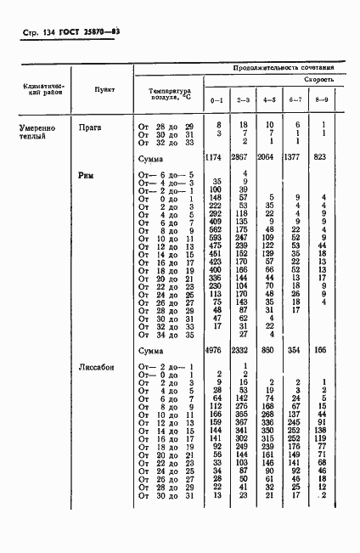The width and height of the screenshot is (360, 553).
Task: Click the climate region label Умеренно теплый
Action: coord(37,131)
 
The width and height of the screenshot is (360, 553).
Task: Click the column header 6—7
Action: coord(295,99)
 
